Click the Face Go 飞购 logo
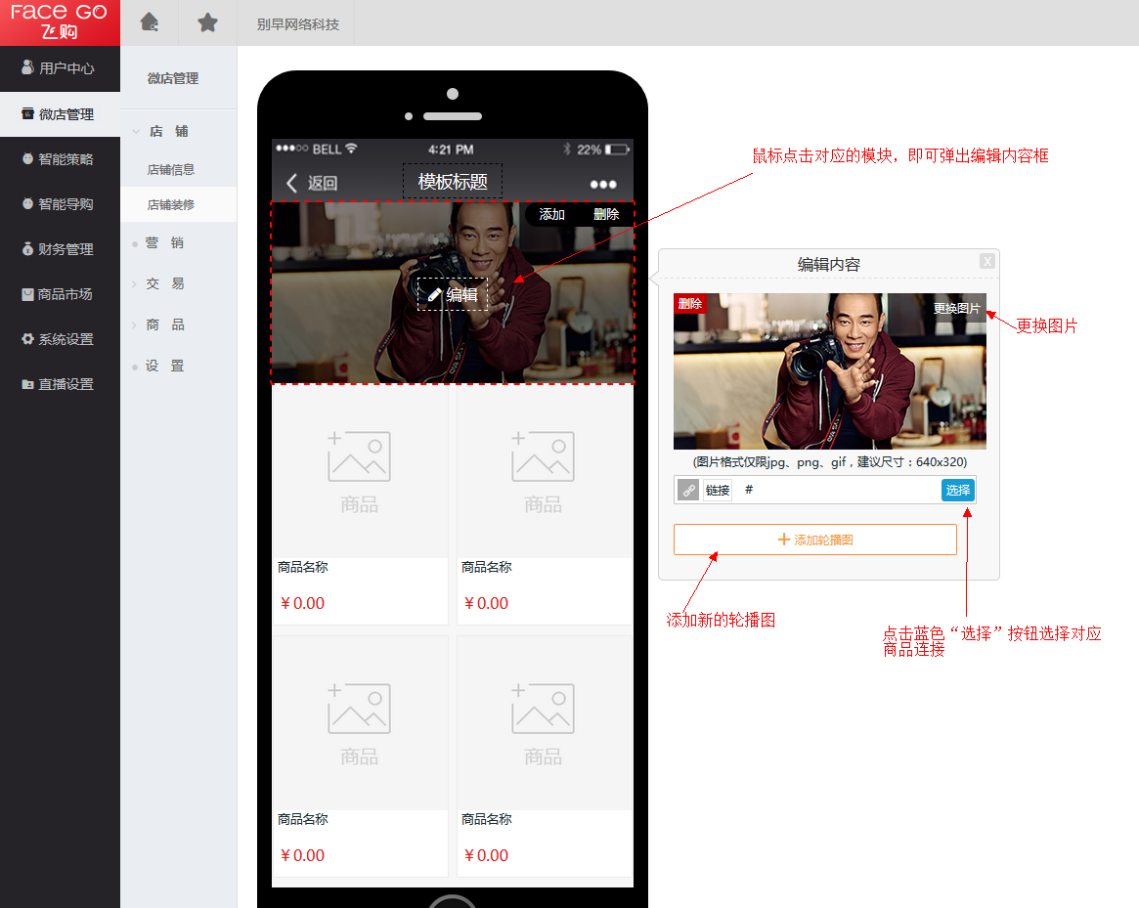pos(60,22)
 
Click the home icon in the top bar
pos(150,22)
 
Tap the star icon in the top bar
pos(207,22)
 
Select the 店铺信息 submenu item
pos(171,169)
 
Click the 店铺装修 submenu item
pos(171,205)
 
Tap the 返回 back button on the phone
pos(312,183)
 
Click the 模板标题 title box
pos(453,182)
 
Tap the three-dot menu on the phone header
pos(603,185)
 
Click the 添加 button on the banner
pos(552,214)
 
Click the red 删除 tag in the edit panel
pos(690,304)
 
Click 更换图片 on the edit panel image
pos(957,309)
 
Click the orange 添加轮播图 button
pos(815,540)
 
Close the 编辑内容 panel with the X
pos(987,262)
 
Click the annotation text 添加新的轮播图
pos(722,620)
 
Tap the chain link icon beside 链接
pos(688,491)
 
